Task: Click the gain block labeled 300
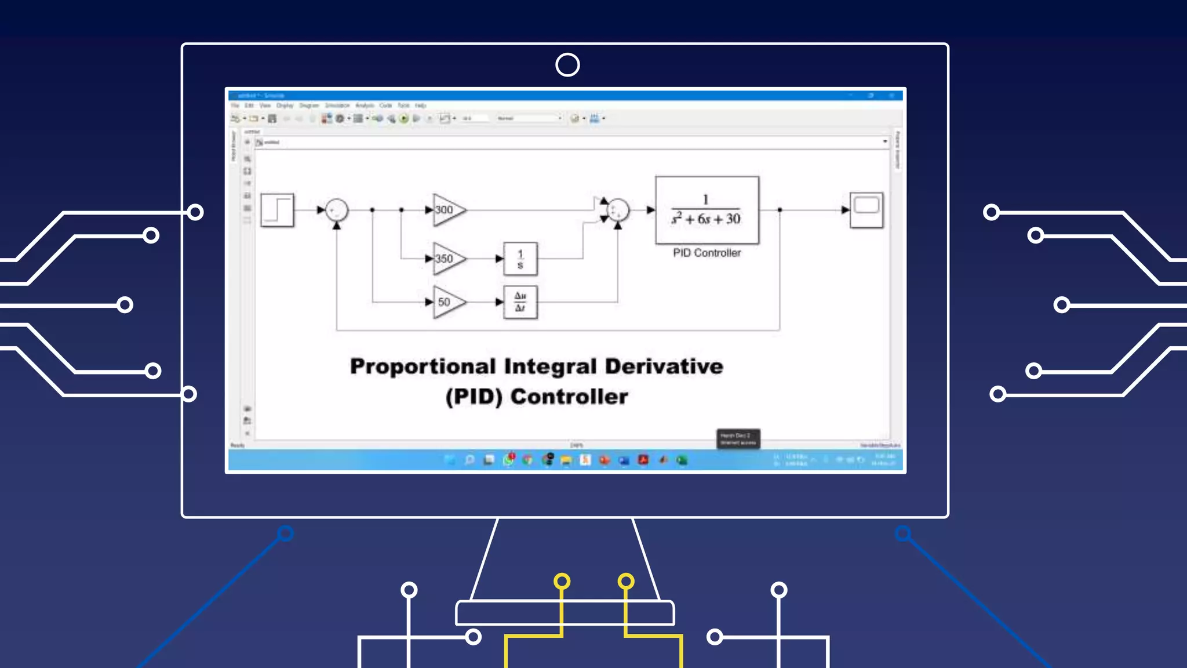click(x=447, y=210)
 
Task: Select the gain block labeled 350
click(x=447, y=259)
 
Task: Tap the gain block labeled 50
click(x=447, y=302)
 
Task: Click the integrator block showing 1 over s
click(x=520, y=259)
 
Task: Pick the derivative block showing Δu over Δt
click(x=520, y=302)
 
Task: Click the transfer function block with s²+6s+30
click(x=707, y=210)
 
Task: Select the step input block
click(x=277, y=210)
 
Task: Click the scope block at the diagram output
click(x=866, y=210)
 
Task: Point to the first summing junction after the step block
click(x=337, y=210)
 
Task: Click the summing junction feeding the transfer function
click(x=618, y=210)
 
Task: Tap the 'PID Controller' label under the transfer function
click(x=707, y=253)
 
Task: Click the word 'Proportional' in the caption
click(x=423, y=366)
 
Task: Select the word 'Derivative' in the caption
click(x=664, y=366)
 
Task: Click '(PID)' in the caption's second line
click(x=474, y=397)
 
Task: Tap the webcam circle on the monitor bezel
click(x=567, y=65)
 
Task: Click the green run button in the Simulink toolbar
click(x=404, y=118)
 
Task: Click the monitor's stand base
click(x=565, y=612)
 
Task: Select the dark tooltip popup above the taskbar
click(x=738, y=438)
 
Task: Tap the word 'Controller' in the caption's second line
click(x=569, y=397)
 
